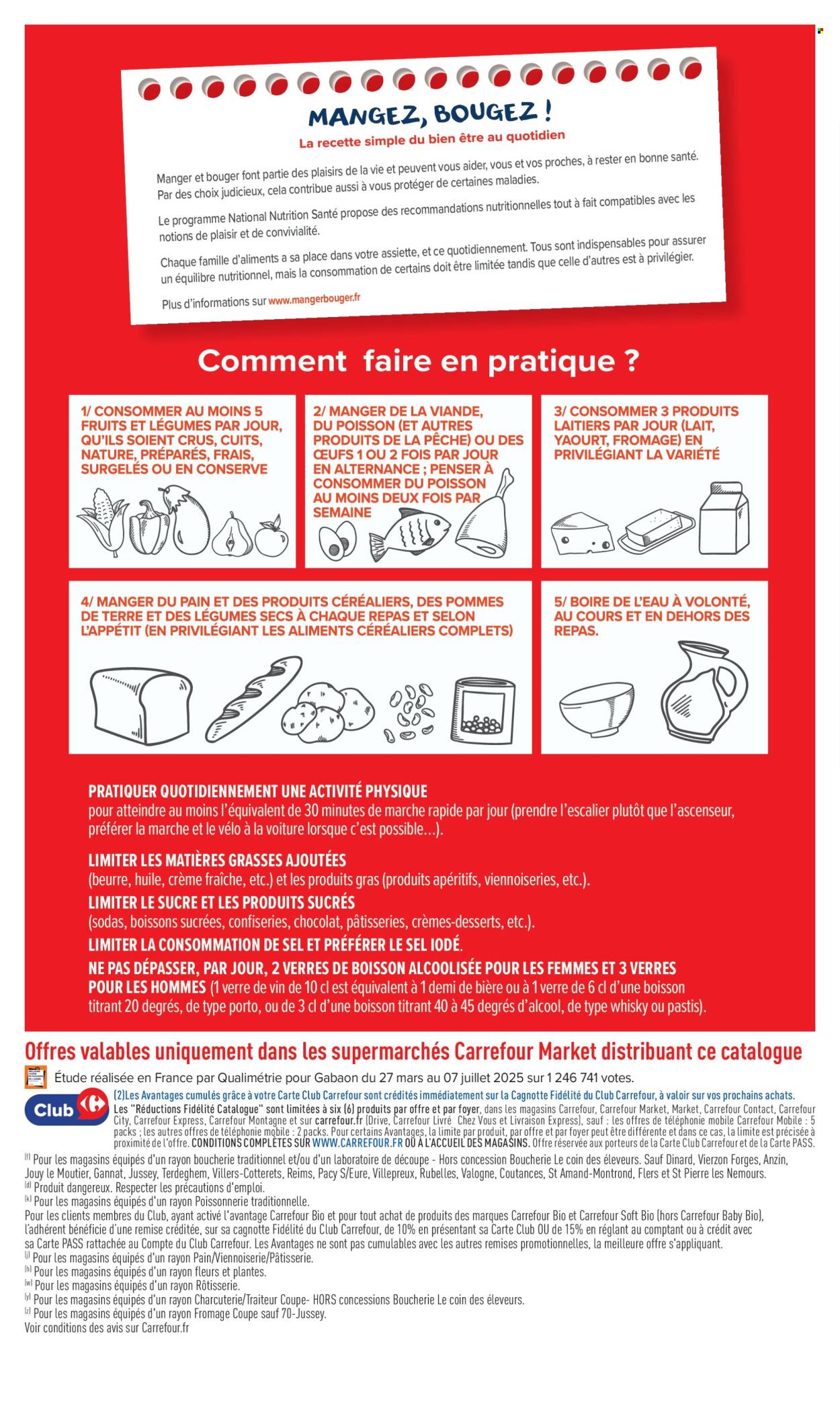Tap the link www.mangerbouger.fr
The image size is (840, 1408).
[x=314, y=299]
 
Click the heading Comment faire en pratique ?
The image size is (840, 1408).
[x=418, y=361]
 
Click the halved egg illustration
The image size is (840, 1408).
[x=338, y=543]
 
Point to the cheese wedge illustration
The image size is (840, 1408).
[x=582, y=532]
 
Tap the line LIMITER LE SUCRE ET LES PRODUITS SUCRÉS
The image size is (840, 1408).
[x=222, y=902]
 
